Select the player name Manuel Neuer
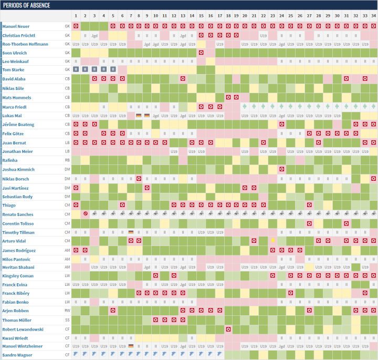tap(16, 26)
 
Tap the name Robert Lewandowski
tap(23, 329)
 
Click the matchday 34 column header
tap(373, 16)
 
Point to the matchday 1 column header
tap(76, 16)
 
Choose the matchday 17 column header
tap(219, 16)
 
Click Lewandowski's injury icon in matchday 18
tap(228, 329)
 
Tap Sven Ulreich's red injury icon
tap(201, 53)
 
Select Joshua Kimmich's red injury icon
tap(282, 169)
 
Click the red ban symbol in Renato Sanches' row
tap(85, 214)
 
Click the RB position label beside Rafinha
tap(67, 160)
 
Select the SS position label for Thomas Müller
tap(67, 320)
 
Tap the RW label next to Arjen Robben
tap(67, 311)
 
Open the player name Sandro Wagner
tap(17, 355)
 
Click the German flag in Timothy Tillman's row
tap(131, 232)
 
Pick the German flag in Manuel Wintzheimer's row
tap(131, 346)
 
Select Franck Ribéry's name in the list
tap(16, 293)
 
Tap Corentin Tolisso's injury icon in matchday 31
tap(346, 223)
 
